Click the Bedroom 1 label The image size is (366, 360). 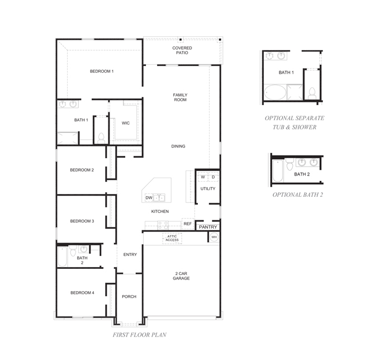pyautogui.click(x=102, y=72)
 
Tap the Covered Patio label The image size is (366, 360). pyautogui.click(x=182, y=51)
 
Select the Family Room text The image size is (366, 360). pyautogui.click(x=179, y=97)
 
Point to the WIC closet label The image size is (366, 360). pyautogui.click(x=126, y=123)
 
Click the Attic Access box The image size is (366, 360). pyautogui.click(x=172, y=238)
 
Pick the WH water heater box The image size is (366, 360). pyautogui.click(x=213, y=238)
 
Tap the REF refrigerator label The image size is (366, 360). pyautogui.click(x=188, y=224)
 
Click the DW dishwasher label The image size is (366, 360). pyautogui.click(x=149, y=198)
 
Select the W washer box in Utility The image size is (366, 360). pyautogui.click(x=203, y=177)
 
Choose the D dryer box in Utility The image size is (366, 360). pyautogui.click(x=213, y=177)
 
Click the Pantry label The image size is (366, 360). pyautogui.click(x=208, y=227)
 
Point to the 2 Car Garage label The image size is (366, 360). pyautogui.click(x=181, y=276)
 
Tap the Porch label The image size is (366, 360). pyautogui.click(x=129, y=297)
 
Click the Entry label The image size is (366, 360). pyautogui.click(x=130, y=255)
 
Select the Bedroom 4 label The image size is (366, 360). pyautogui.click(x=82, y=293)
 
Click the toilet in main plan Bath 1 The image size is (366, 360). pyautogui.click(x=101, y=136)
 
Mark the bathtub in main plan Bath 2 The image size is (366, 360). pyautogui.click(x=62, y=258)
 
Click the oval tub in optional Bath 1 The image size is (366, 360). pyautogui.click(x=274, y=92)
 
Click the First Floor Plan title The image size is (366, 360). pyautogui.click(x=139, y=335)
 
